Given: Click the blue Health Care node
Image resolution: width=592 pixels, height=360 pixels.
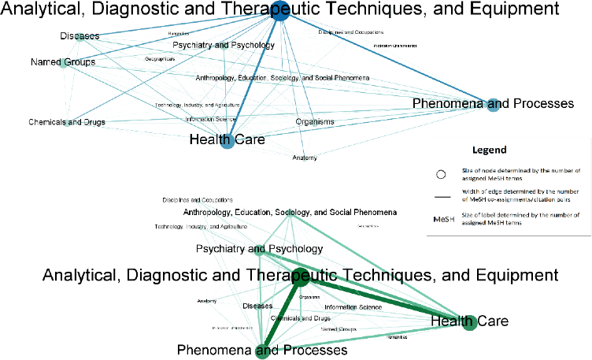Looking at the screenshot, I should click(x=228, y=143).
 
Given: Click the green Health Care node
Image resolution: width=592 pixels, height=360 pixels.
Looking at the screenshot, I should click(x=470, y=321).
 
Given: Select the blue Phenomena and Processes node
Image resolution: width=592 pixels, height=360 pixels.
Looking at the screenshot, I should click(x=494, y=105).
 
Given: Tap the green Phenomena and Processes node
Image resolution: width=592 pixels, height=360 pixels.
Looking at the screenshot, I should click(x=262, y=351).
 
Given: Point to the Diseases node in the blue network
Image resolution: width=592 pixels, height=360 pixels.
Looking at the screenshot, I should click(x=81, y=37).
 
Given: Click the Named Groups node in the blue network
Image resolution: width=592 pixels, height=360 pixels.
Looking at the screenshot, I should click(x=65, y=62).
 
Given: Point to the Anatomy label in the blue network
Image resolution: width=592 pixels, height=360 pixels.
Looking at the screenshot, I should click(x=305, y=158).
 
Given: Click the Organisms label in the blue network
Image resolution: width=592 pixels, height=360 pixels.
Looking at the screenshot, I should click(x=315, y=122).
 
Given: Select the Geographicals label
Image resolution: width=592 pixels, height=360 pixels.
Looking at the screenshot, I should click(x=160, y=59).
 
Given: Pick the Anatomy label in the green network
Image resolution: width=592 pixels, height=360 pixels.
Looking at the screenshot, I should click(x=207, y=301).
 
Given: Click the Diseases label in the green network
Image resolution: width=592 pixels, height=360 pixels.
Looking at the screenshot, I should click(x=257, y=306).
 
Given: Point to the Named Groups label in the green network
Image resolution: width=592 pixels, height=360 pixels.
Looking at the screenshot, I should click(x=339, y=328).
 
